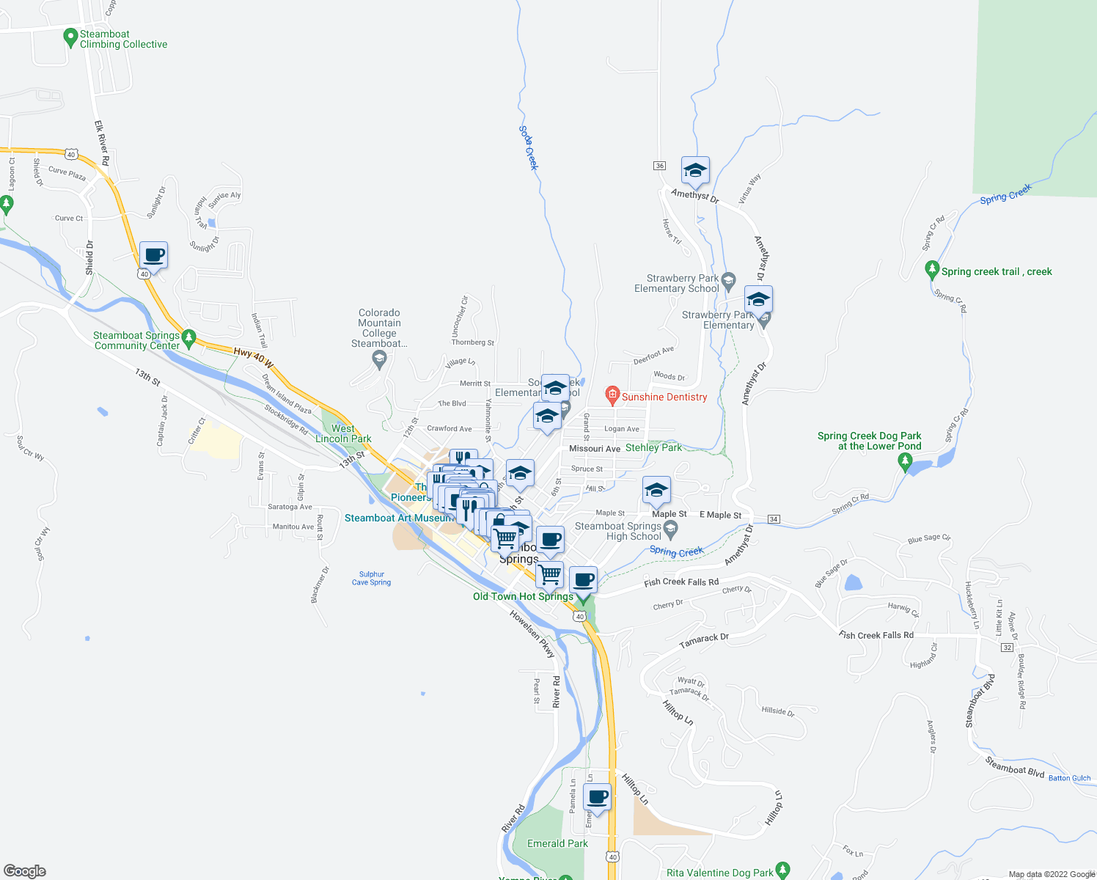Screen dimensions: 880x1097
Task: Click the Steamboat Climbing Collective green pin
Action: (x=70, y=37)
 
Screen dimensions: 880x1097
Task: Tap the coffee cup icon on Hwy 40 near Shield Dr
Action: (x=153, y=255)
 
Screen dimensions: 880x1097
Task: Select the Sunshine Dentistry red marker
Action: (x=612, y=396)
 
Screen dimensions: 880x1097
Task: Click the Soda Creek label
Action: (x=529, y=148)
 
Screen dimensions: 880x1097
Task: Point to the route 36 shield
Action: (x=660, y=166)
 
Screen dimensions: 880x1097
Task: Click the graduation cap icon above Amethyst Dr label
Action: (x=695, y=172)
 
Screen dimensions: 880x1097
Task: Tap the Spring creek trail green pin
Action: (x=932, y=270)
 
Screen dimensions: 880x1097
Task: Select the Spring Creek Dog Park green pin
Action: (x=905, y=462)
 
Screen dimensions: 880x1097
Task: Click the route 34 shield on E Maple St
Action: (x=774, y=519)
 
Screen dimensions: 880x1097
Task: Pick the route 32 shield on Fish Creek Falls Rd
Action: (x=1008, y=648)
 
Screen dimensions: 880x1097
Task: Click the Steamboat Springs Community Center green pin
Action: (x=189, y=339)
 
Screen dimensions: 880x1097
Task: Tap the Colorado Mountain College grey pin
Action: (x=379, y=358)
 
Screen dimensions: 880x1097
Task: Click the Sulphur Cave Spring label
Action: (x=371, y=579)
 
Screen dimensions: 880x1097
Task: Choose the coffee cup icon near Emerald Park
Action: (x=598, y=796)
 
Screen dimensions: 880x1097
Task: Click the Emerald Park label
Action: (x=557, y=843)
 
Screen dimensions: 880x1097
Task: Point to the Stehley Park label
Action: (x=653, y=447)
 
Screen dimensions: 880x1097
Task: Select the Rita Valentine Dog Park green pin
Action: (x=782, y=870)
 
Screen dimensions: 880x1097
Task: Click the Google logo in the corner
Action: (x=25, y=871)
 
